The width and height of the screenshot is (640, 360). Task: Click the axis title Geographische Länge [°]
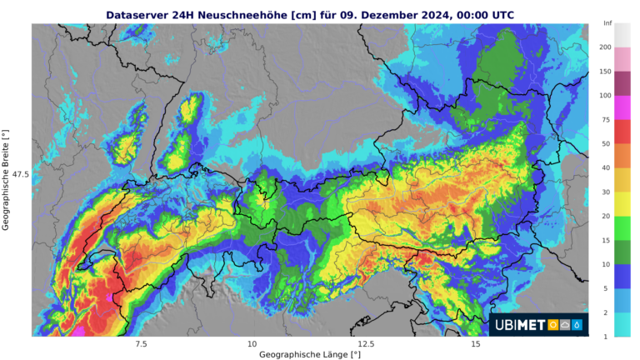[x=310, y=354]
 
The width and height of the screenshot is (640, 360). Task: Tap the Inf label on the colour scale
[x=607, y=23]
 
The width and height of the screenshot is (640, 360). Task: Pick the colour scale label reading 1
[x=605, y=337]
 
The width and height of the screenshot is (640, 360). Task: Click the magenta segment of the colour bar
[x=622, y=107]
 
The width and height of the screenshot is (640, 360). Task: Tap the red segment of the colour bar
[x=622, y=132]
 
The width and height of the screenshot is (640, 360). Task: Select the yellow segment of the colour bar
[x=622, y=204]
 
